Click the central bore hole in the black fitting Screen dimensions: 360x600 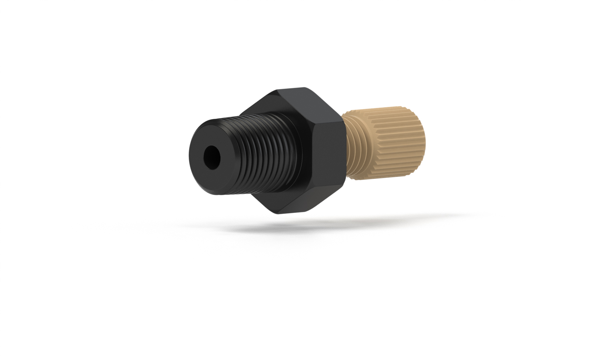pyautogui.click(x=212, y=156)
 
